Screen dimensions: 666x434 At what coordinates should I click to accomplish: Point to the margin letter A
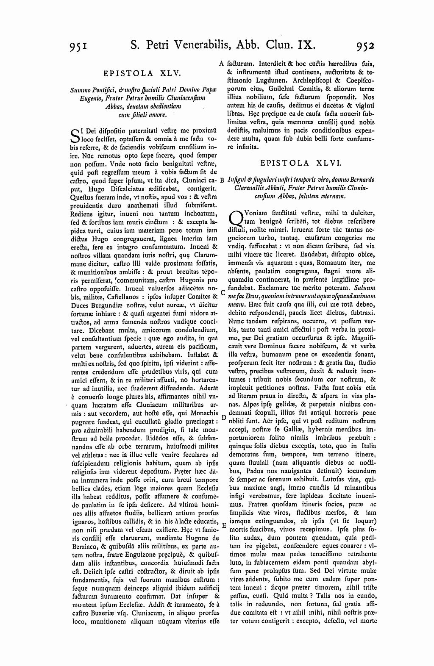click(x=221, y=64)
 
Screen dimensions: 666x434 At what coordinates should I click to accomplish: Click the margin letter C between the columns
click(x=222, y=292)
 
